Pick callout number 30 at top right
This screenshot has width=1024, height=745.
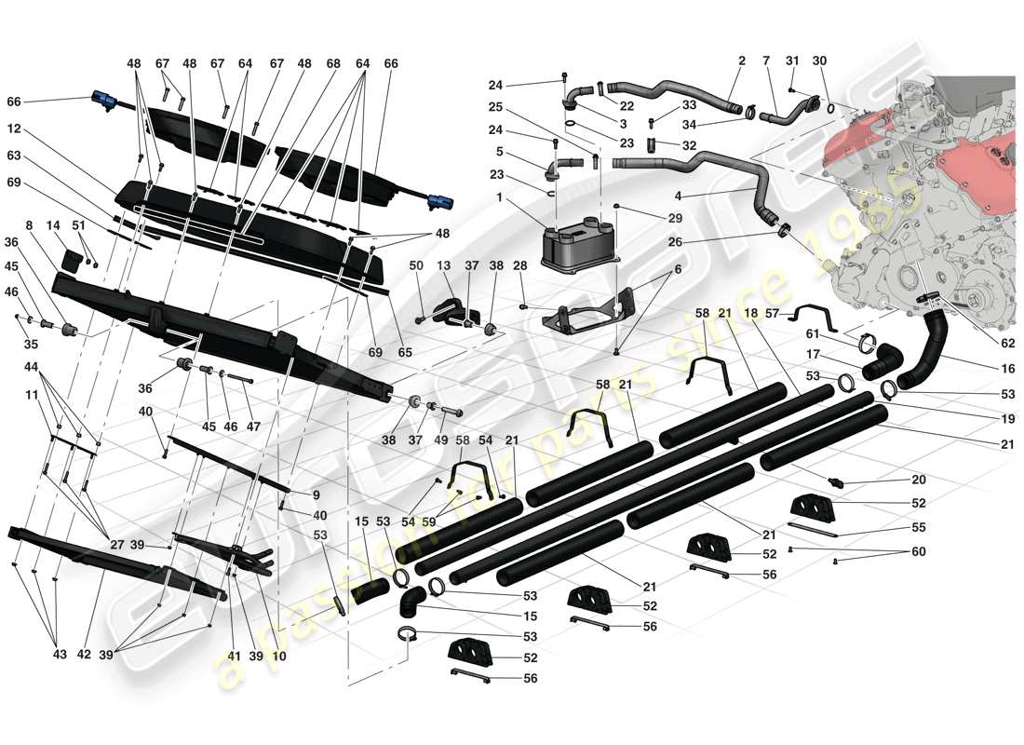[819, 61]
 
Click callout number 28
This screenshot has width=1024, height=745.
[519, 266]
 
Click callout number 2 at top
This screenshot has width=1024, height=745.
[742, 61]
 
